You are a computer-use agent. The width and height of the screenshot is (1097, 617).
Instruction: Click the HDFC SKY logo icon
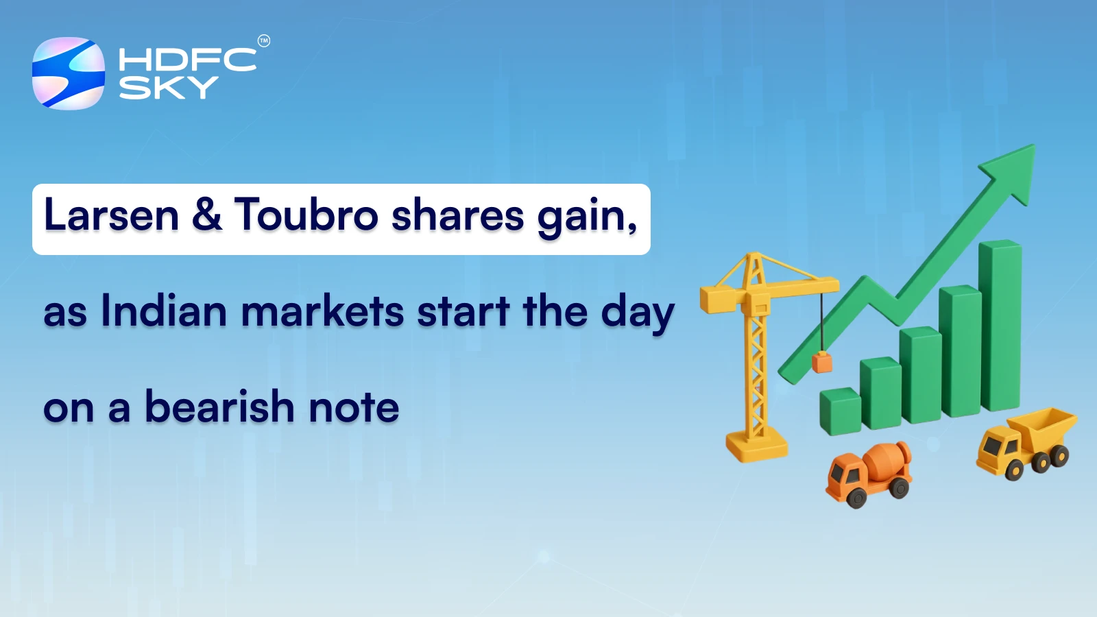(69, 73)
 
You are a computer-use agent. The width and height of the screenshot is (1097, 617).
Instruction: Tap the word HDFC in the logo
(187, 60)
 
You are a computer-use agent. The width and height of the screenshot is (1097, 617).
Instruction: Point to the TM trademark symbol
(264, 41)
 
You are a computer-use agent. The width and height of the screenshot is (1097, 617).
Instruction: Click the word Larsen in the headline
(111, 215)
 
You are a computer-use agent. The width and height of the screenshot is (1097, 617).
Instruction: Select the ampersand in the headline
(206, 214)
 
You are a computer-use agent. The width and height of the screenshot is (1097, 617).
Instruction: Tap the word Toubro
(306, 215)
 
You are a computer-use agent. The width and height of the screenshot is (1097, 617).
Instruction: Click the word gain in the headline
(586, 217)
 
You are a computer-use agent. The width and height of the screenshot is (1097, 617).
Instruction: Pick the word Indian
(163, 311)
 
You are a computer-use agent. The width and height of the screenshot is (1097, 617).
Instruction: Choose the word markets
(322, 311)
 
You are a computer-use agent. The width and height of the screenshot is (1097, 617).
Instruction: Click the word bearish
(219, 407)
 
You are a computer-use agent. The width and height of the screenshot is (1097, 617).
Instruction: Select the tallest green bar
(1000, 326)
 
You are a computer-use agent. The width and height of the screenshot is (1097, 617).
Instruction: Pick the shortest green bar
(840, 411)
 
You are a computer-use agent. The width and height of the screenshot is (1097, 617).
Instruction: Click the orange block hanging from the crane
(821, 362)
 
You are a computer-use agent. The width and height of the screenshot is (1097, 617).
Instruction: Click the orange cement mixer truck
(869, 473)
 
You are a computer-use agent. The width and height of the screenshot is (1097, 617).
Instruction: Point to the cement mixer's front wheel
(855, 496)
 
